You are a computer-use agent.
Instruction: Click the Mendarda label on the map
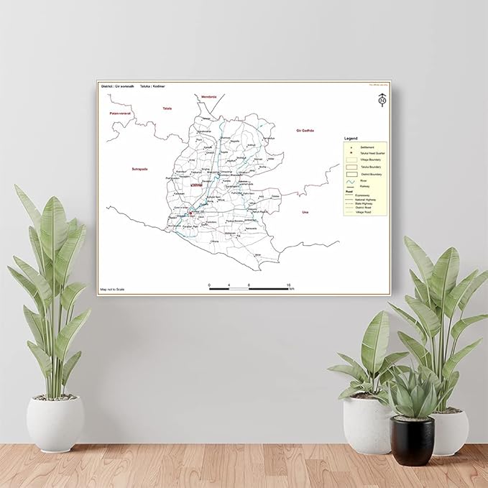click(208, 96)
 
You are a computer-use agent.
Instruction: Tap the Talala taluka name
click(167, 109)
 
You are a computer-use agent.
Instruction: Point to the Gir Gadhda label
click(305, 131)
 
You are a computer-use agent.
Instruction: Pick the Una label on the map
click(305, 212)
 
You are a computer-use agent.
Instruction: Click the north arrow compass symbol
click(382, 101)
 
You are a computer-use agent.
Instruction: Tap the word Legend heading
click(351, 137)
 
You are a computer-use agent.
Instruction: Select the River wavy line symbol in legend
click(351, 180)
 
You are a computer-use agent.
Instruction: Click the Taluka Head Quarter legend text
click(372, 153)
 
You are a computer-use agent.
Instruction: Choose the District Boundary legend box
click(351, 173)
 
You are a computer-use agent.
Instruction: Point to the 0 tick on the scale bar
click(209, 286)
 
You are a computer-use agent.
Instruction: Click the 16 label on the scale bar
click(288, 285)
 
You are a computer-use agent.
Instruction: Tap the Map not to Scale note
click(113, 290)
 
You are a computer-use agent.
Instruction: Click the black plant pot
click(413, 440)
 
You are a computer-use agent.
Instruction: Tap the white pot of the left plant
click(56, 424)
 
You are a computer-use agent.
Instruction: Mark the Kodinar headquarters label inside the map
click(198, 185)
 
